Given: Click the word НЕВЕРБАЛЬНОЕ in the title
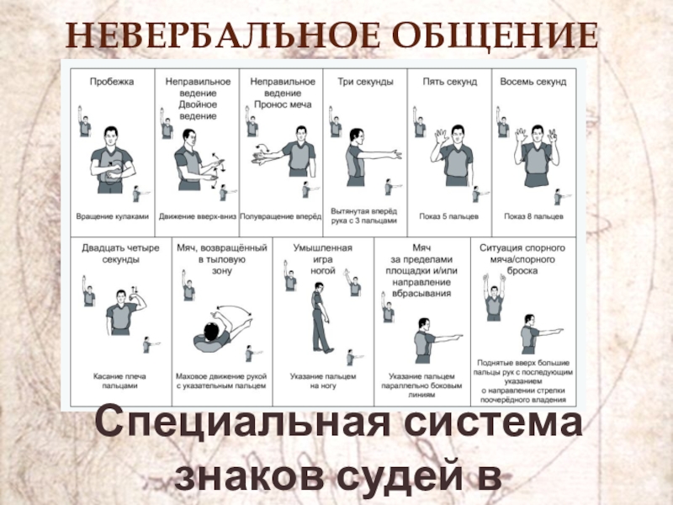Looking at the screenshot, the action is coord(223,35).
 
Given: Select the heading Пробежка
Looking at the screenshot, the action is coord(112,82).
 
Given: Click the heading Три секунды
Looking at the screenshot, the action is coord(365,82).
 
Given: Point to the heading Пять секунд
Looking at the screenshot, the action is coord(450,82).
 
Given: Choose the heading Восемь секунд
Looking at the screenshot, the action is coord(533,82).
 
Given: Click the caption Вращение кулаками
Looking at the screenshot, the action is coord(113,216).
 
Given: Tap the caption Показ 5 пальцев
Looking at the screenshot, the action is coord(449,216).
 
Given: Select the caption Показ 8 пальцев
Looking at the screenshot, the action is coord(533,216).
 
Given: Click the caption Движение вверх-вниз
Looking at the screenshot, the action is coord(198,216).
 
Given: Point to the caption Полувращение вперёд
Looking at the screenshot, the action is coord(280,216).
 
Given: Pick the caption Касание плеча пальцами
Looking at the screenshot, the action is coord(119,381).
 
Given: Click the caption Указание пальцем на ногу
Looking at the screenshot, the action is coord(323,381).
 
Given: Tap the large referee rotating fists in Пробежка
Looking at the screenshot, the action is coord(112,160).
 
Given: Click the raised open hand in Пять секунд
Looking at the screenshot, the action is coord(439,137).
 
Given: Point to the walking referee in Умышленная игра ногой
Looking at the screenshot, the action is coord(321,318).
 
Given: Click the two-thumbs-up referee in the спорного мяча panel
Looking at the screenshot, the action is coord(494,297).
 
